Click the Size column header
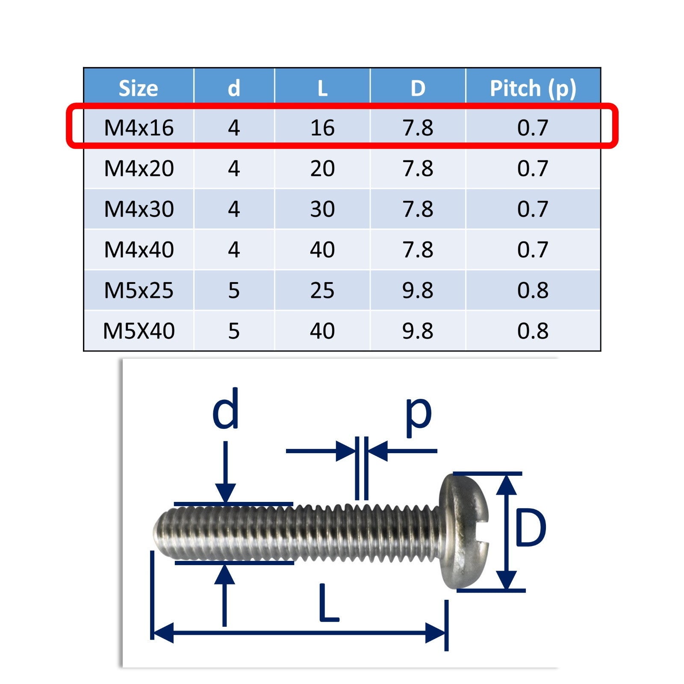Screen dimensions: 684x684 click(x=138, y=88)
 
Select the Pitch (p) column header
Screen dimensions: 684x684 click(x=533, y=89)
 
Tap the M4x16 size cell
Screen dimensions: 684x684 click(x=139, y=128)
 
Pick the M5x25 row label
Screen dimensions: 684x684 click(x=139, y=290)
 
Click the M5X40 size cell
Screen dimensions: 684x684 click(x=139, y=331)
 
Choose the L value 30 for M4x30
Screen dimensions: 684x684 click(x=322, y=209)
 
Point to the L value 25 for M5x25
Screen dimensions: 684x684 click(x=322, y=290)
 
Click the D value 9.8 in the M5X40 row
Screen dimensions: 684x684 click(x=418, y=331)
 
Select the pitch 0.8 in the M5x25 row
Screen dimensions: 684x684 click(x=533, y=290)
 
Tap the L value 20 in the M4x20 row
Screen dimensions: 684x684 click(x=322, y=168)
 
